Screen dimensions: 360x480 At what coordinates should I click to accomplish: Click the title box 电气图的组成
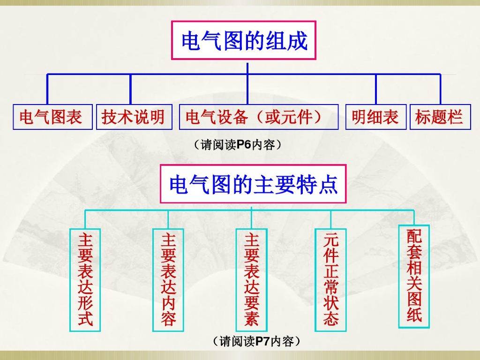(x=244, y=40)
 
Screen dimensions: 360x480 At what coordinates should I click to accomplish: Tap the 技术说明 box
(x=134, y=117)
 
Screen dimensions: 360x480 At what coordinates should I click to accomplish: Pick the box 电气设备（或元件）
(x=258, y=117)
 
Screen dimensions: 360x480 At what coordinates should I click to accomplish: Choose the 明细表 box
(x=375, y=117)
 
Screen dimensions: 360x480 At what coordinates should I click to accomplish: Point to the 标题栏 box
(x=440, y=117)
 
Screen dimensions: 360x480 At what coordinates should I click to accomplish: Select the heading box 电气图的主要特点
(x=253, y=184)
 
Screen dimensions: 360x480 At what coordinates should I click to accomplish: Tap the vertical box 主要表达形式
(x=85, y=280)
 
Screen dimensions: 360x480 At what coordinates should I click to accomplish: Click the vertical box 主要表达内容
(x=168, y=280)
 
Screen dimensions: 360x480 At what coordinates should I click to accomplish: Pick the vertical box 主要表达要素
(x=251, y=280)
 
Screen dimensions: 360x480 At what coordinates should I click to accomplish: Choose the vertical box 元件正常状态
(x=331, y=280)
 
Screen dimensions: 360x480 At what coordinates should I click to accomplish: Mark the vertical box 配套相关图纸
(x=414, y=277)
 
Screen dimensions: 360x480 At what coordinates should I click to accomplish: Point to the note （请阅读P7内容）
(x=256, y=341)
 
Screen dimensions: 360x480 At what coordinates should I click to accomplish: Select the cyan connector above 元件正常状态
(x=331, y=219)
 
